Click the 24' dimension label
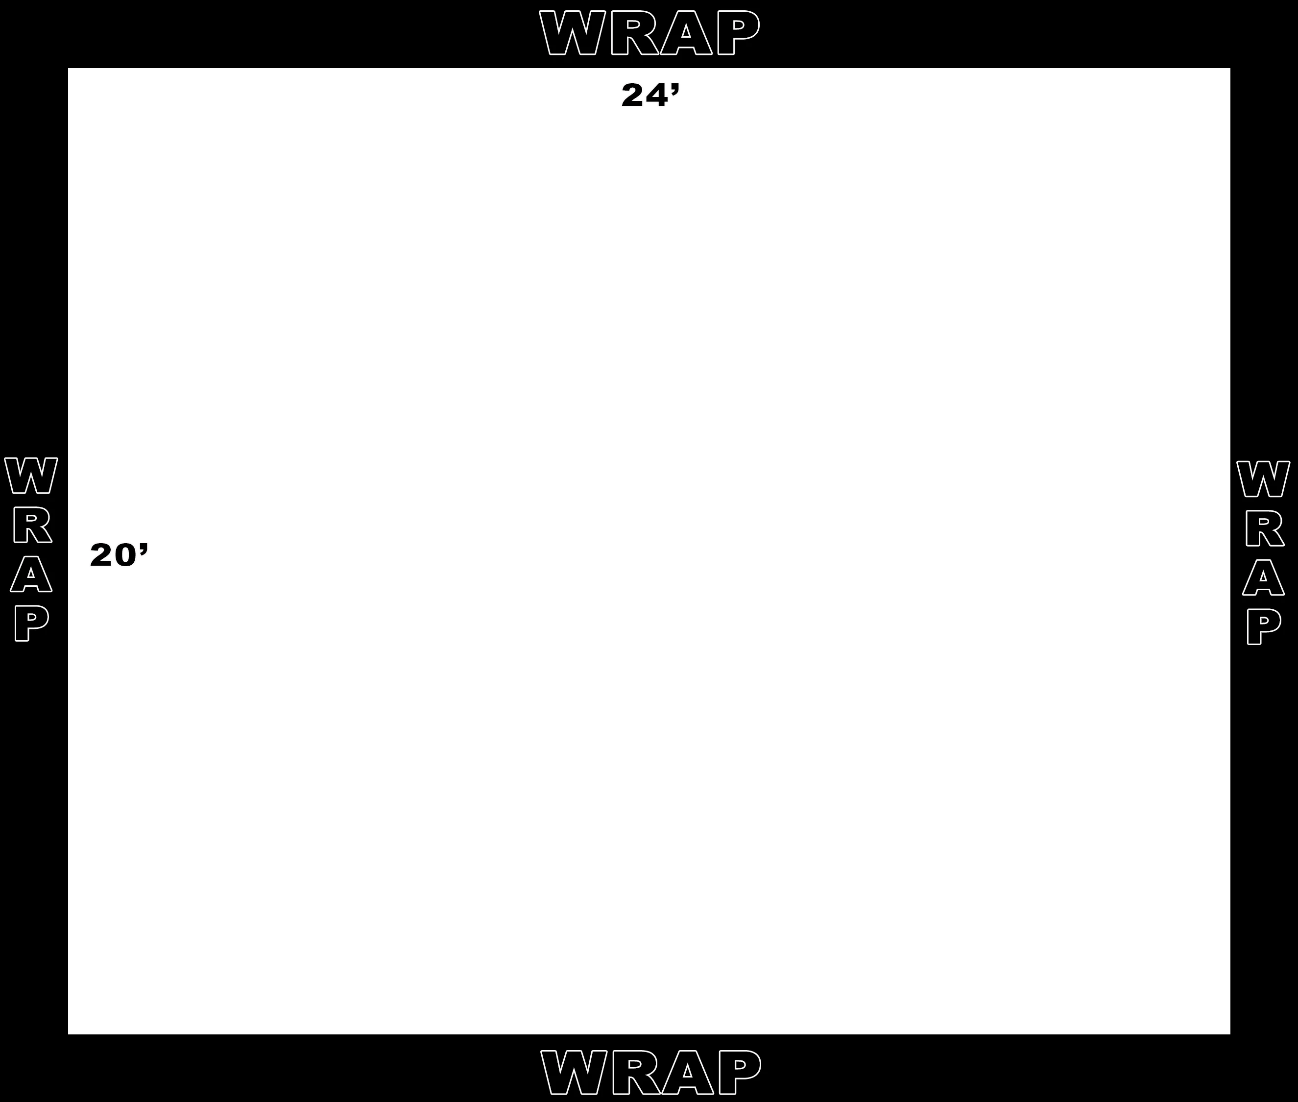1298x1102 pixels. [650, 96]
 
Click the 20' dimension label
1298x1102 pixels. [119, 555]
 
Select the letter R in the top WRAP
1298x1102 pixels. [635, 32]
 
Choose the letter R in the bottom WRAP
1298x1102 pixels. [636, 1072]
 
